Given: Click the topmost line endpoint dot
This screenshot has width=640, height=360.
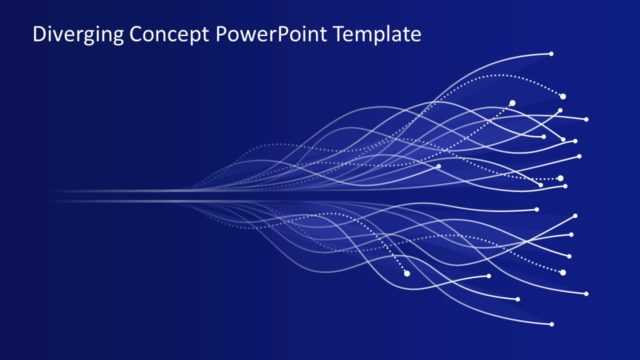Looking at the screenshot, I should click(x=551, y=53).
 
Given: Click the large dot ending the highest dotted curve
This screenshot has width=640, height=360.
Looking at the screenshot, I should click(x=562, y=96).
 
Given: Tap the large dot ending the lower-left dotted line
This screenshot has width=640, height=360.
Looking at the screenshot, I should click(x=407, y=273).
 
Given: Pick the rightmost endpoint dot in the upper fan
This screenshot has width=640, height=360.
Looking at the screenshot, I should click(x=586, y=119).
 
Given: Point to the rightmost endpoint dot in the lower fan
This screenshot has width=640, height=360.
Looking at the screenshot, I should click(x=586, y=294).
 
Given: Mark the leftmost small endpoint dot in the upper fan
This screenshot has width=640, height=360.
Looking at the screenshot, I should click(x=438, y=166).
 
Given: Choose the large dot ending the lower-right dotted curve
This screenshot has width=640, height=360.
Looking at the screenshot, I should click(x=563, y=272).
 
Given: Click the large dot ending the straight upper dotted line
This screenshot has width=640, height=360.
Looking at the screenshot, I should click(x=512, y=102).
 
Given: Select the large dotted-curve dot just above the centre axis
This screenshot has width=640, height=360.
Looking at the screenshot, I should click(x=560, y=178).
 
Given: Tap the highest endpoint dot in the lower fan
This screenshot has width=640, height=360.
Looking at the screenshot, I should click(x=537, y=209).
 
